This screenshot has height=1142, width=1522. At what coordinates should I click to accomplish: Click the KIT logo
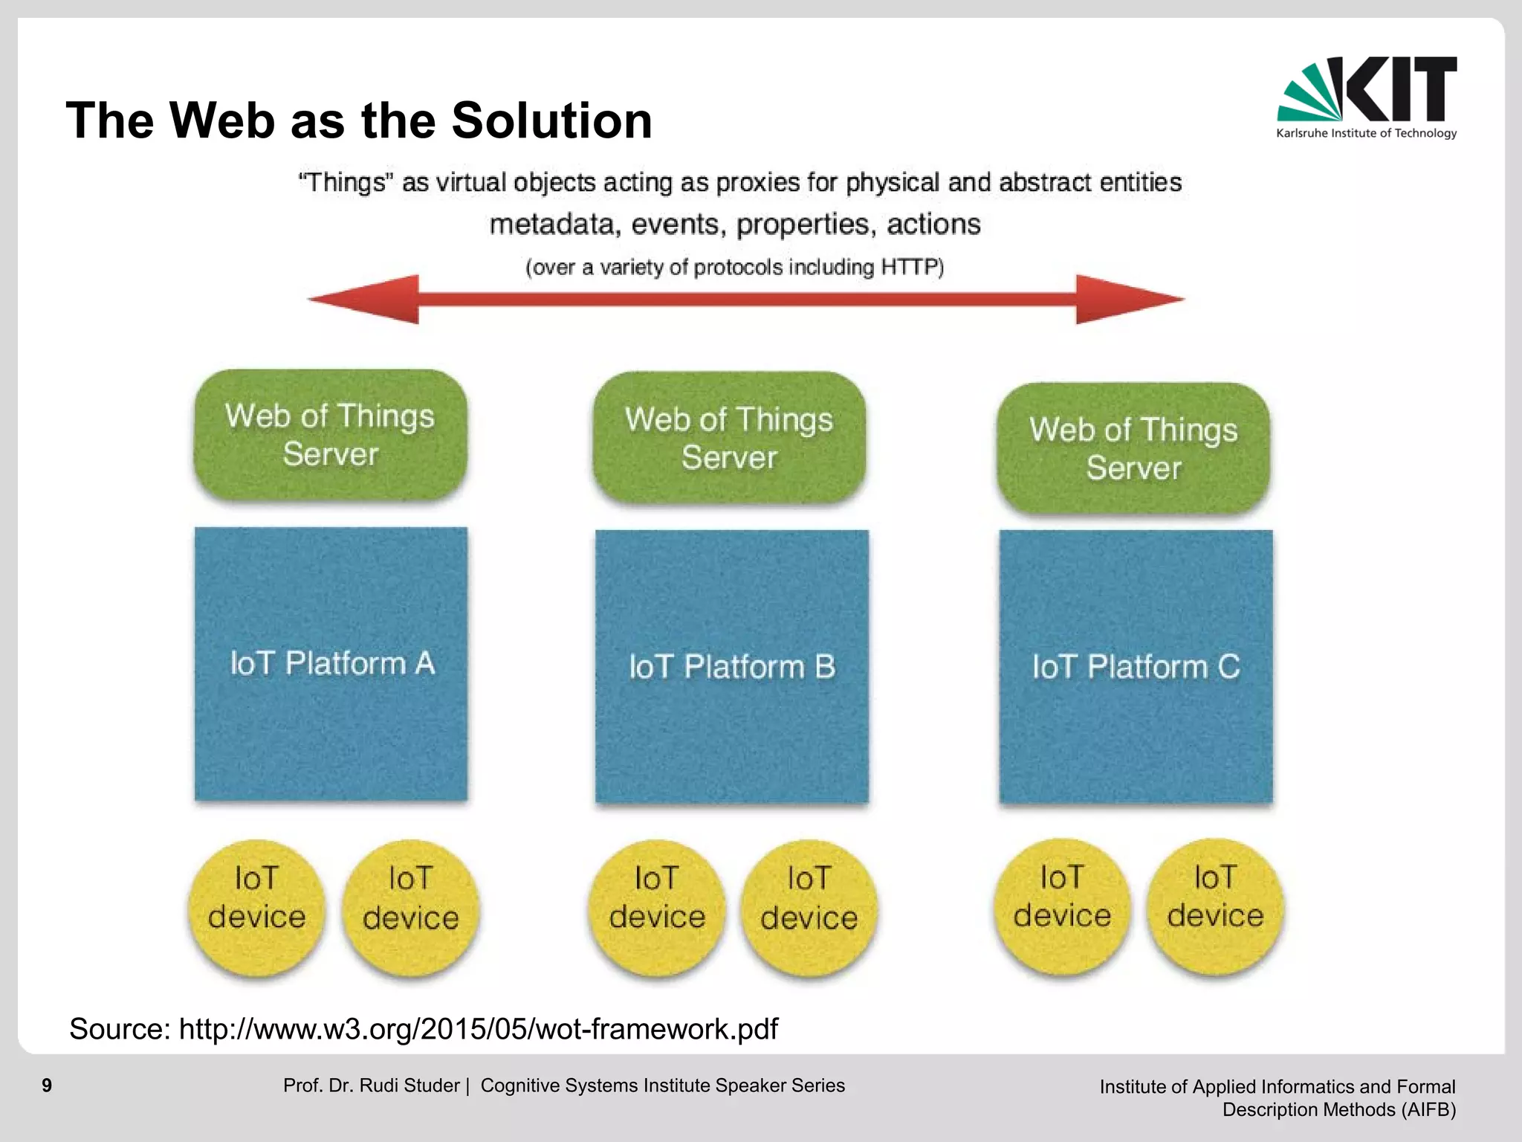(1366, 97)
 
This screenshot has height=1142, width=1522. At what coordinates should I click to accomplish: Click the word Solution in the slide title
(551, 120)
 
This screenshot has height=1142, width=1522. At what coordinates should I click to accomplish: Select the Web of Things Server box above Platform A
(330, 435)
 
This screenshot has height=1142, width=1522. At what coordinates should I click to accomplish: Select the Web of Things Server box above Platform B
(729, 438)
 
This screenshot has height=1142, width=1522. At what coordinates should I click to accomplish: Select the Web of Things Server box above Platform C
(1133, 448)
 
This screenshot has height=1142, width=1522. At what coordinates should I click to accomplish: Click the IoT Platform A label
(331, 663)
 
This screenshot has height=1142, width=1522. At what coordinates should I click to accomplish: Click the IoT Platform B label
(732, 667)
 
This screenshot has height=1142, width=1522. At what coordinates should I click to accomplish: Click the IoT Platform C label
(1136, 667)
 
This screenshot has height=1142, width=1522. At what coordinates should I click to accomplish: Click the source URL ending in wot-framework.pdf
(478, 1029)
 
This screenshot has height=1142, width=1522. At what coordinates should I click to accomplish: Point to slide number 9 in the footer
(47, 1085)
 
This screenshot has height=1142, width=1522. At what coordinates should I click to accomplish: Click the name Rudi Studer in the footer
(409, 1085)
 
